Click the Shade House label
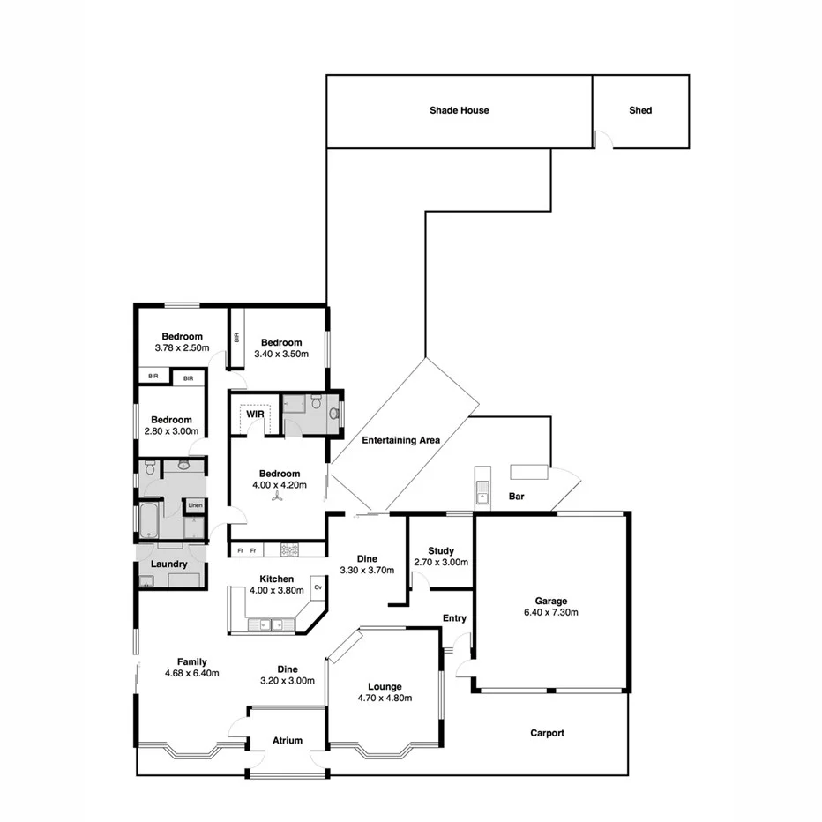pyautogui.click(x=459, y=110)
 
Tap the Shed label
pyautogui.click(x=640, y=110)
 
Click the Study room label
pyautogui.click(x=440, y=551)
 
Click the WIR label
pyautogui.click(x=256, y=414)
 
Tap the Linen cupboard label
pyautogui.click(x=194, y=505)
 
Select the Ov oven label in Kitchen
pyautogui.click(x=318, y=587)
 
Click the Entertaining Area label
pyautogui.click(x=400, y=439)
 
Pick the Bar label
pyautogui.click(x=517, y=497)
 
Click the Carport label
pyautogui.click(x=547, y=733)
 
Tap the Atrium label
pyautogui.click(x=288, y=741)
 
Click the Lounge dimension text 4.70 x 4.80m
pyautogui.click(x=385, y=698)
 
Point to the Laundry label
pyautogui.click(x=168, y=564)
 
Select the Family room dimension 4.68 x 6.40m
pyautogui.click(x=191, y=673)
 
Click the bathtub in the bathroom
pyautogui.click(x=148, y=520)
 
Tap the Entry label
pyautogui.click(x=454, y=618)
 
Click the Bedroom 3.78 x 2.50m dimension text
pyautogui.click(x=182, y=347)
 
